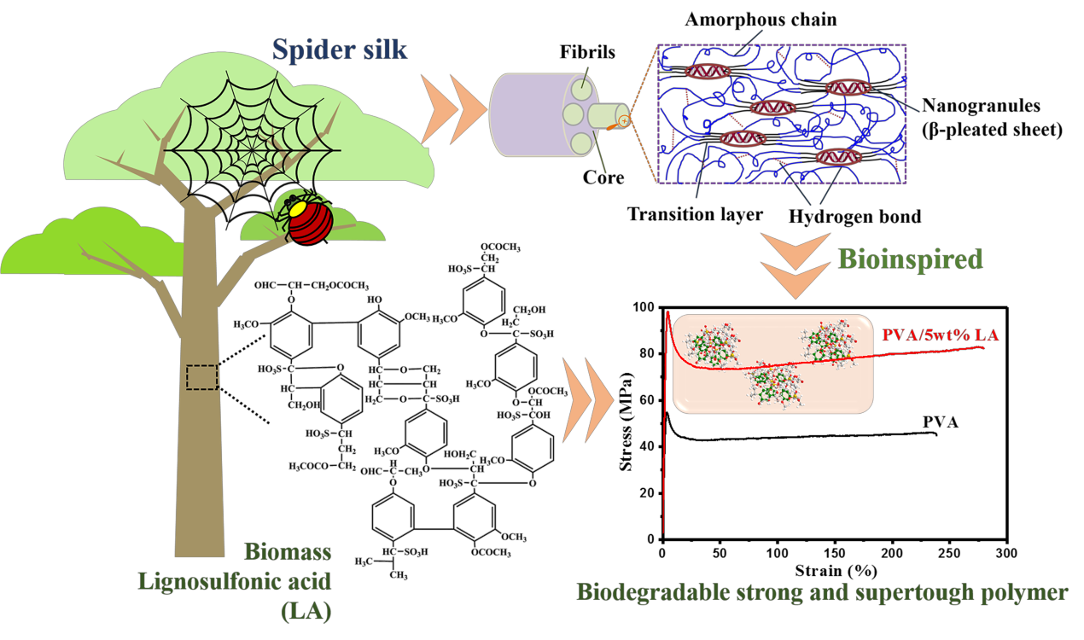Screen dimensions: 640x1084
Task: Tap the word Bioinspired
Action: click(911, 259)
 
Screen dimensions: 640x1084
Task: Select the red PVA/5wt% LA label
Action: click(939, 335)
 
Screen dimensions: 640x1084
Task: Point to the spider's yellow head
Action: click(298, 207)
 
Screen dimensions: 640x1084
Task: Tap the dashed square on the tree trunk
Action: click(202, 377)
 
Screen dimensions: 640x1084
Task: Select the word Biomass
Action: click(288, 552)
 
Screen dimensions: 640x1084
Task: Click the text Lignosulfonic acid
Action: click(235, 582)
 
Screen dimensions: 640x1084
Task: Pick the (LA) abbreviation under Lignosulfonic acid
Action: click(305, 611)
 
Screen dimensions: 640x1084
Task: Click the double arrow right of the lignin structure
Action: click(590, 398)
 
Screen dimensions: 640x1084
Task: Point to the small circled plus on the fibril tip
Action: click(625, 122)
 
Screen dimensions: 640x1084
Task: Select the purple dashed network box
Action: click(781, 114)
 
